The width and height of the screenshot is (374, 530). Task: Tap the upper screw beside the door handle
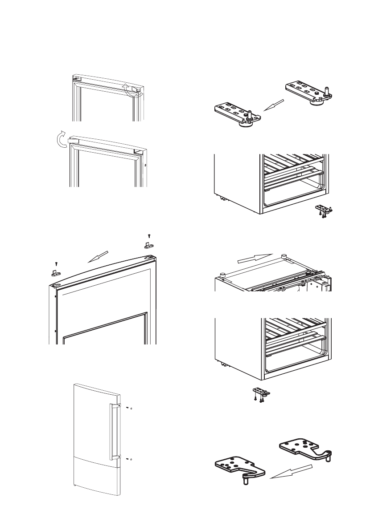click(127, 408)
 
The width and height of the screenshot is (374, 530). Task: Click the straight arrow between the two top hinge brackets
click(98, 257)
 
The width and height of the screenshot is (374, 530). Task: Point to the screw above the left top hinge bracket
click(56, 264)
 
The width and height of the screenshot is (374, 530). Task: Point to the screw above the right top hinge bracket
click(150, 235)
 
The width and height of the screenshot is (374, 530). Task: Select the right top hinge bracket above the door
click(149, 244)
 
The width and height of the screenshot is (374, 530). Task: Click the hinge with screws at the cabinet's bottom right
click(324, 210)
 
